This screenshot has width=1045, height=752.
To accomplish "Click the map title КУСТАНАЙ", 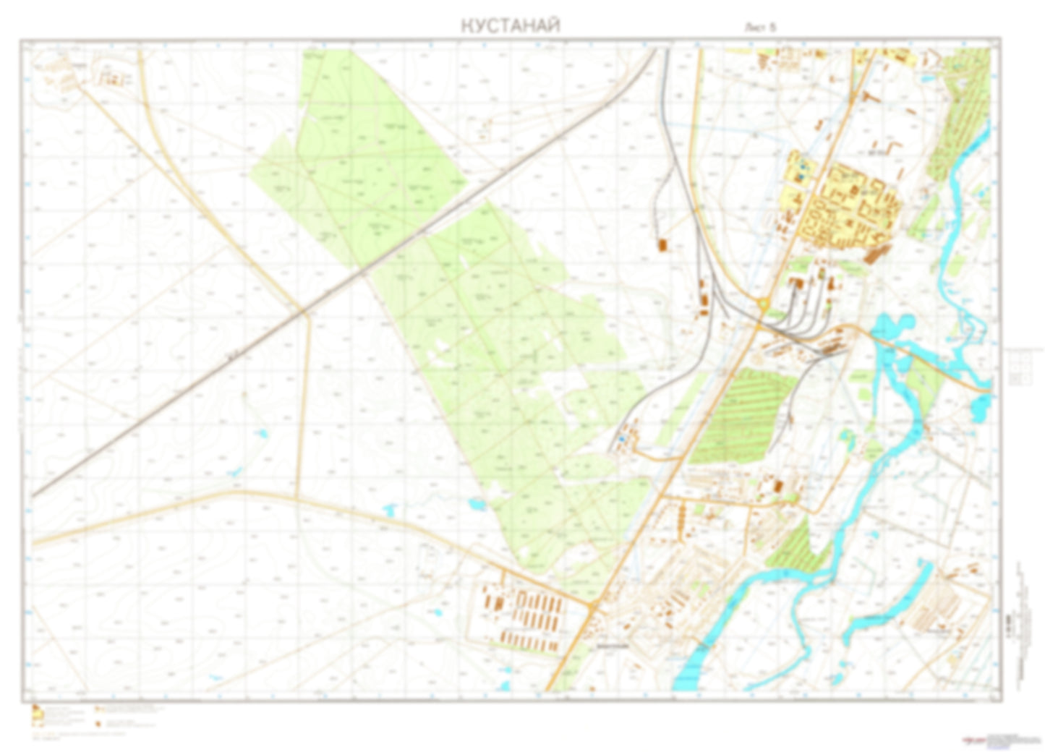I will coord(510,26).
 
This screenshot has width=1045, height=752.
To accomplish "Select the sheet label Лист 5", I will coord(760,27).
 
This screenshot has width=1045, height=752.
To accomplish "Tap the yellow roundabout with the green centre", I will coord(762,307).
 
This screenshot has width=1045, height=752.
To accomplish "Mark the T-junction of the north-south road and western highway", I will coord(297,497).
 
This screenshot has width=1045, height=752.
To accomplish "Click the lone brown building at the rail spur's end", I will coord(662,245).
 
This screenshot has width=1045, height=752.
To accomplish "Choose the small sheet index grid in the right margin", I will coord(1020,366).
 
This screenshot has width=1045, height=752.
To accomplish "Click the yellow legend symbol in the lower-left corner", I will coord(37,715).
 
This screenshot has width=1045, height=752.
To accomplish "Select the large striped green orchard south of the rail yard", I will coord(741,416).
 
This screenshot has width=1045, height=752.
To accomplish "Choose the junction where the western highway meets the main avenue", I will coord(593,606).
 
